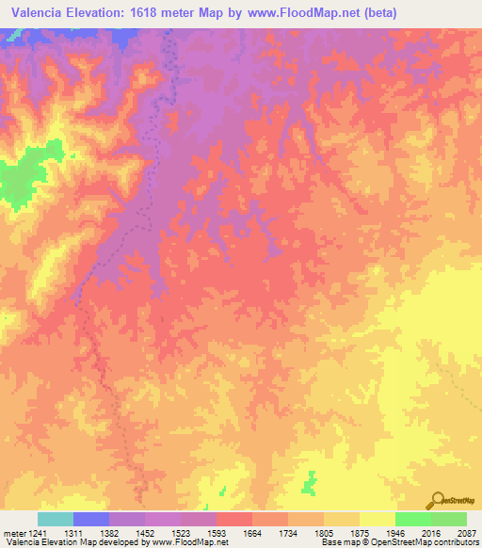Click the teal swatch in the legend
coord(56,519)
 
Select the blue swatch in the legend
coord(91,519)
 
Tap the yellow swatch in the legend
coord(378,519)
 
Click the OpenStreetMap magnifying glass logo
coord(436,500)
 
